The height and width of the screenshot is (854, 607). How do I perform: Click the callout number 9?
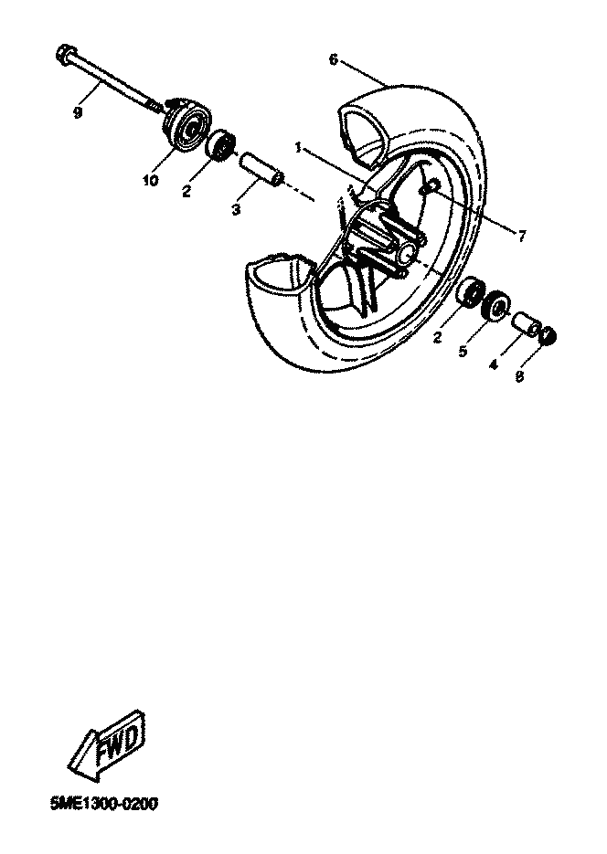click(78, 112)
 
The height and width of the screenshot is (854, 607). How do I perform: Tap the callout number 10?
click(151, 180)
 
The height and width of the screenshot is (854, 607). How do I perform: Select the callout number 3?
click(236, 210)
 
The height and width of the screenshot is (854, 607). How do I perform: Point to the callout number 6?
click(334, 59)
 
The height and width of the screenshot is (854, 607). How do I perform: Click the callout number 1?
click(299, 148)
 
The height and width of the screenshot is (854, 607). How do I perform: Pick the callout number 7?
click(521, 236)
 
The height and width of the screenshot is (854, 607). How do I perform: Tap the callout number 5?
click(463, 352)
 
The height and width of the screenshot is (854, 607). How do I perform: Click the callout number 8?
click(519, 376)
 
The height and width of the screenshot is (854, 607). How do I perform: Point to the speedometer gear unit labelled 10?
click(186, 123)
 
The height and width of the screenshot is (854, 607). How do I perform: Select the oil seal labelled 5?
click(495, 306)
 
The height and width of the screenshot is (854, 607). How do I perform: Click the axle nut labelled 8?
click(549, 336)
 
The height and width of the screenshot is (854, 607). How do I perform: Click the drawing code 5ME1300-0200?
click(104, 805)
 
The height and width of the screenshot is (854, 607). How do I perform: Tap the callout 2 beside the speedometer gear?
click(186, 192)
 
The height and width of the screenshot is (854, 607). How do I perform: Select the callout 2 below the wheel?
click(436, 338)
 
